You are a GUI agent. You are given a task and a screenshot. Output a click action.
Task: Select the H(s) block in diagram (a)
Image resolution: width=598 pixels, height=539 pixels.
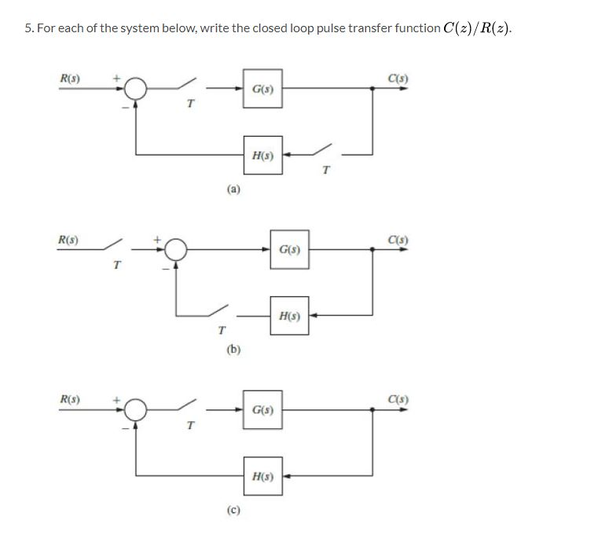262,155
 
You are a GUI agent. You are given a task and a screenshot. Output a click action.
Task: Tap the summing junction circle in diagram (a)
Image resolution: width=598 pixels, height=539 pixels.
137,88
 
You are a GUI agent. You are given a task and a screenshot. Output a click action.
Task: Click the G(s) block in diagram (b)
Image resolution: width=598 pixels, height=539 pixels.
289,249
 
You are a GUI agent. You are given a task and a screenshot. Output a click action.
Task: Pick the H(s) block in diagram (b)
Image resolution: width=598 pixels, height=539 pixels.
289,316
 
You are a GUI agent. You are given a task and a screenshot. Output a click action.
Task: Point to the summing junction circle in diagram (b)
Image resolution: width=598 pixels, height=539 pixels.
176,250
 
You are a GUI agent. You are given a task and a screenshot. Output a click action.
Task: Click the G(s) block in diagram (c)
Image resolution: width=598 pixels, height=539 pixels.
262,409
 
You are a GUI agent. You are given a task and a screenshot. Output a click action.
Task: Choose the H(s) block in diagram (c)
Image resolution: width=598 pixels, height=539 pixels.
262,476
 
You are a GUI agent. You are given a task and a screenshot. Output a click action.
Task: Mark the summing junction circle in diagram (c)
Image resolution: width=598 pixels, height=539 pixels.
137,409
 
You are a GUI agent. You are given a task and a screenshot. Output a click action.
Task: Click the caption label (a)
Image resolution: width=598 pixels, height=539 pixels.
233,189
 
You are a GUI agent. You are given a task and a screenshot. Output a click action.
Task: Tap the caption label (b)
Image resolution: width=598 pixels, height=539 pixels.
233,349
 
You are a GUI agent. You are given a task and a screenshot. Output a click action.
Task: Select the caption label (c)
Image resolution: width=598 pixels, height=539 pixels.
233,510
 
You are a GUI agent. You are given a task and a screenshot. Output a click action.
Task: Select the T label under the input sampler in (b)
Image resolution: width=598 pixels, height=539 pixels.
116,266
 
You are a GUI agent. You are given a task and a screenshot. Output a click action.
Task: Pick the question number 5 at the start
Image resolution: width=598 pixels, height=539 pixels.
28,28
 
